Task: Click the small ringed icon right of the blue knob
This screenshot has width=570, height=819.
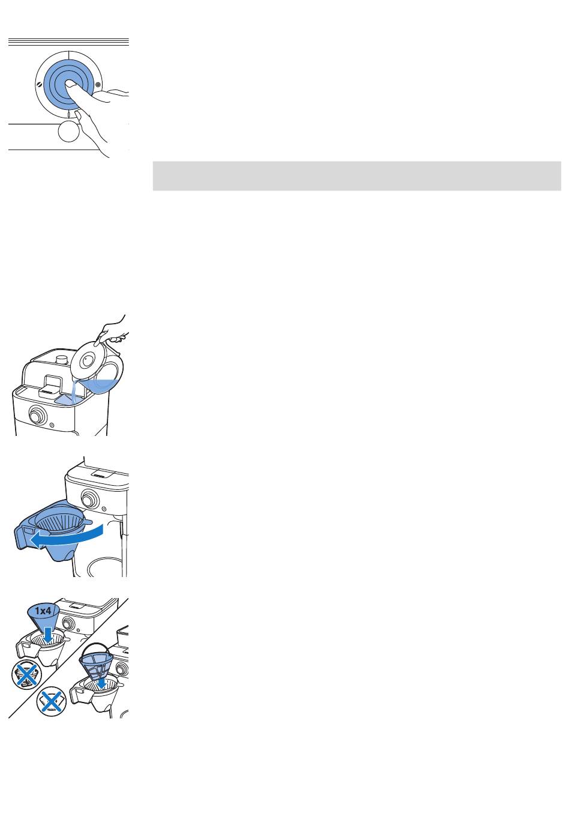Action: click(98, 85)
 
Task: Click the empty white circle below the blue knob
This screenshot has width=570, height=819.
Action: click(68, 131)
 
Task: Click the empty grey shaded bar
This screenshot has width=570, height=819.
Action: click(356, 176)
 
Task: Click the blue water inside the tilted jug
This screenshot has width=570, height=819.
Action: click(100, 386)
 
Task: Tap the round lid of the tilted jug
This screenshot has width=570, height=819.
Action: click(86, 360)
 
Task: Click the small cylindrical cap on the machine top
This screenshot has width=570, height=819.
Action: click(62, 360)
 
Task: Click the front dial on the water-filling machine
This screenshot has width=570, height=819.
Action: click(37, 416)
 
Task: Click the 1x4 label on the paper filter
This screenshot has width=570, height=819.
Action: click(43, 610)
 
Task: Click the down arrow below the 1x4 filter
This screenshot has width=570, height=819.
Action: click(48, 634)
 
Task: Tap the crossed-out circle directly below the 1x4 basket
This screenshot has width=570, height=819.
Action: click(26, 675)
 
